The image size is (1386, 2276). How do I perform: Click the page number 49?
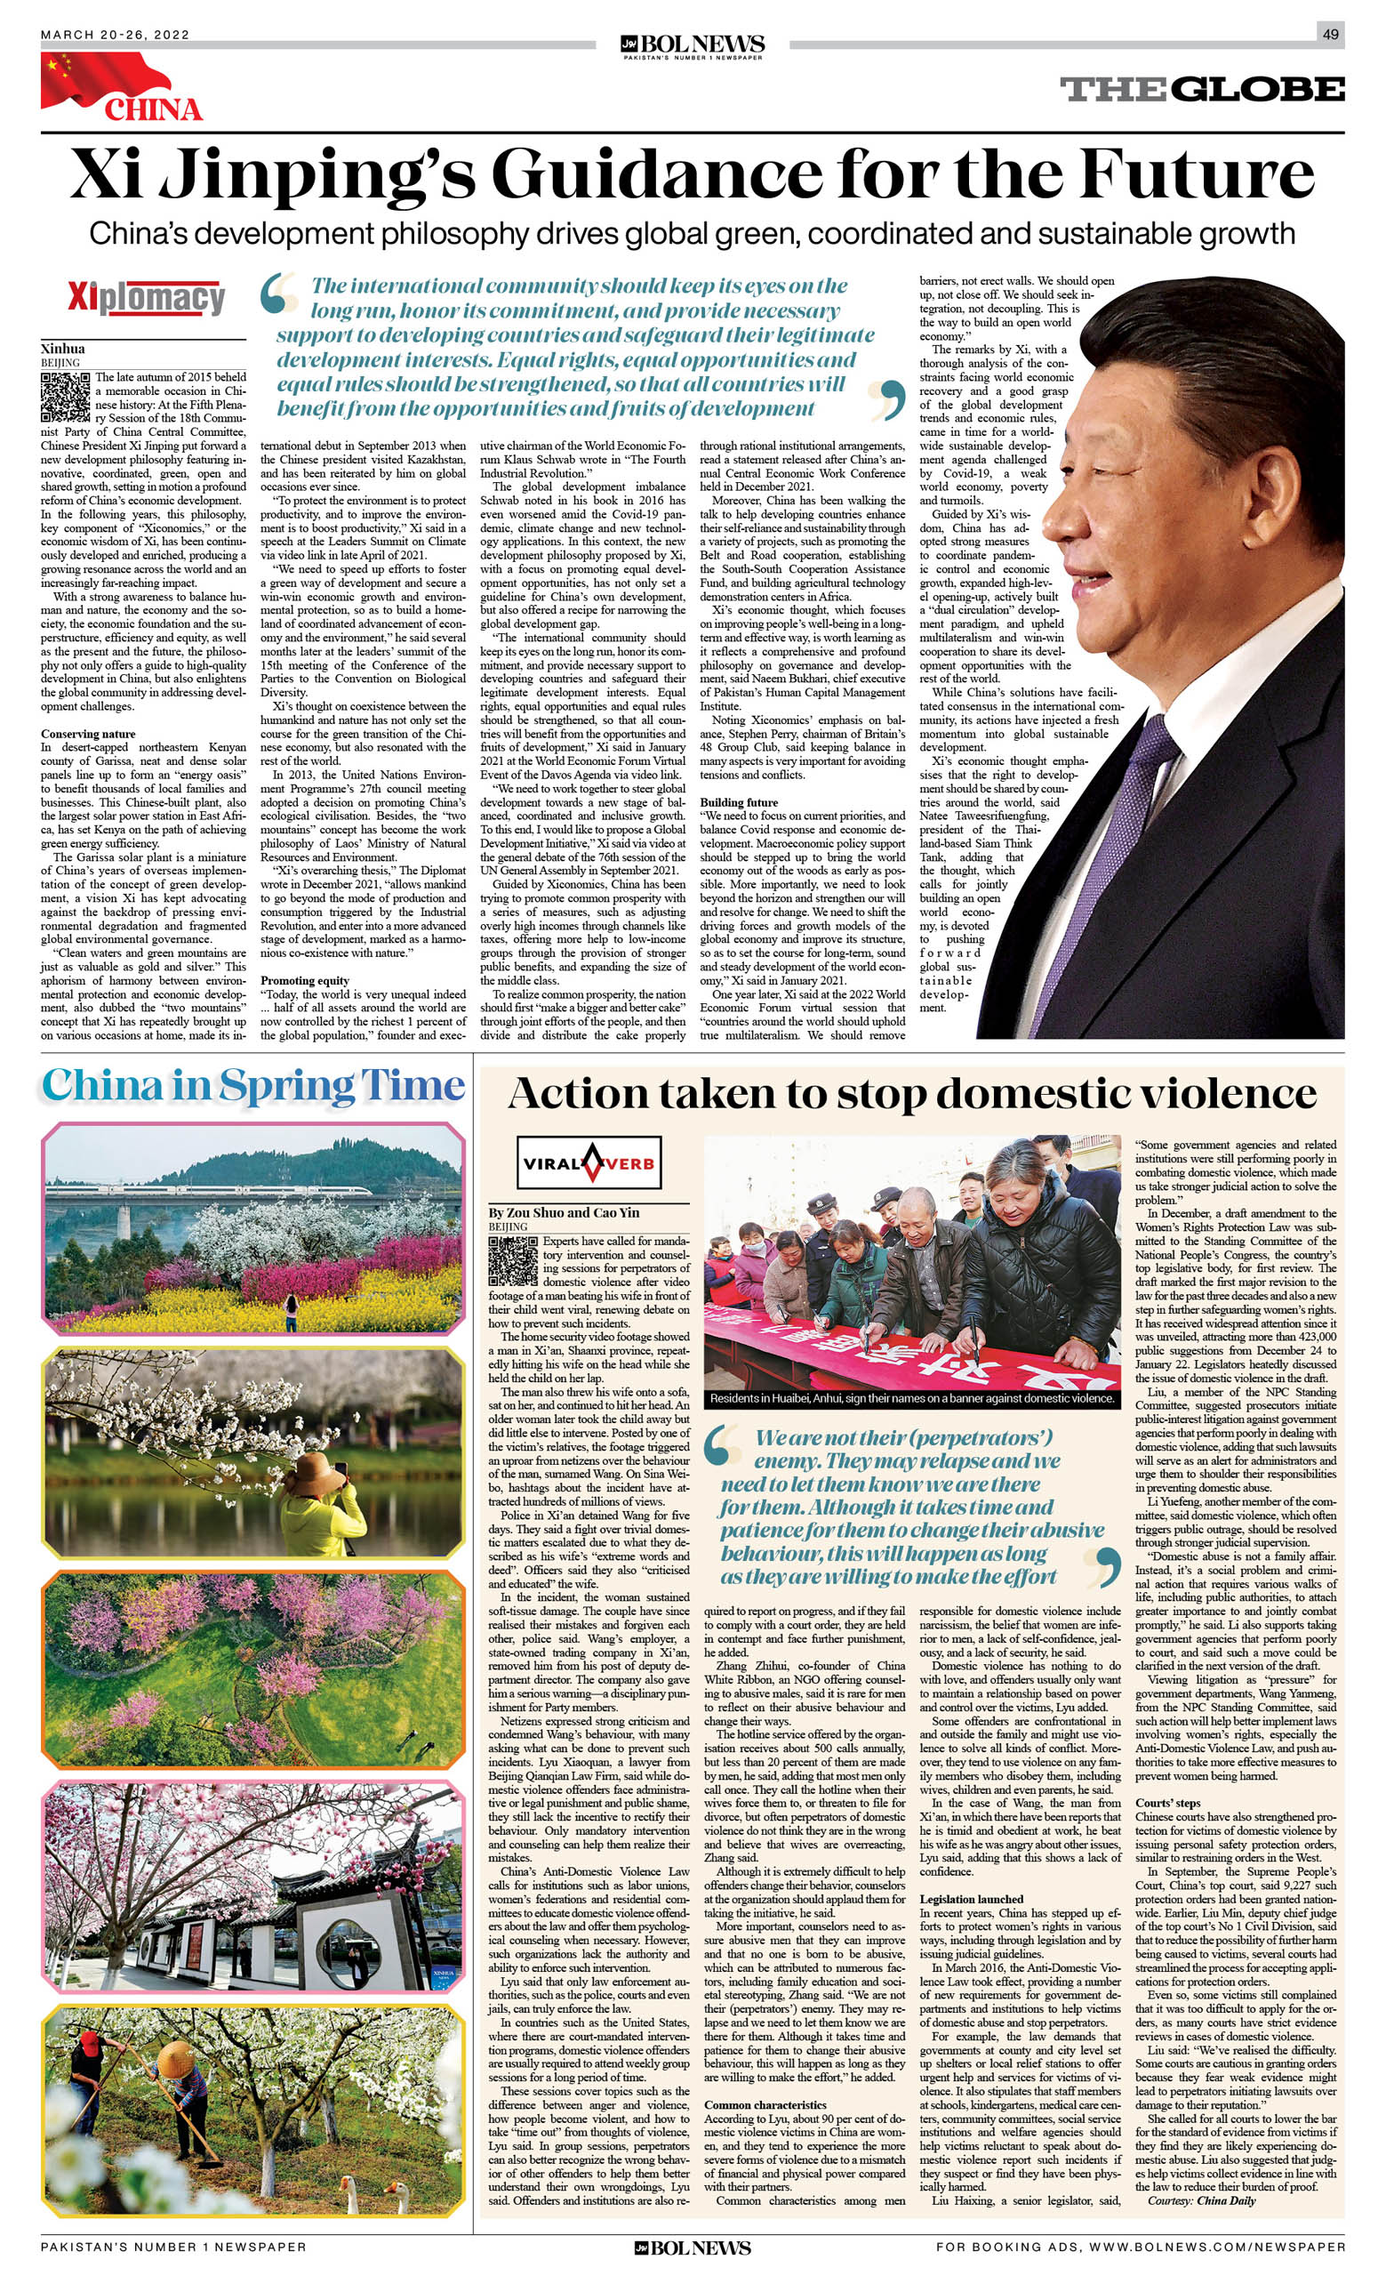pos(1330,34)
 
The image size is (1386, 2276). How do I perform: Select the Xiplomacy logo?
pos(146,298)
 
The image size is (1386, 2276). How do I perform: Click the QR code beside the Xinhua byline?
pos(66,397)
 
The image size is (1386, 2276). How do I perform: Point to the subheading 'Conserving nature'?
pos(88,735)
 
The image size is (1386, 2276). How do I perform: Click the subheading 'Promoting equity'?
pos(305,980)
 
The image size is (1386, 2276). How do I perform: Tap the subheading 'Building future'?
pos(739,801)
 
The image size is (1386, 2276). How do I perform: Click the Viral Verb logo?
pos(589,1162)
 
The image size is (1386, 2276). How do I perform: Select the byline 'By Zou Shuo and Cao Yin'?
pos(564,1213)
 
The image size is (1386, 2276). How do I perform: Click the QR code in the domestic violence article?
pos(512,1261)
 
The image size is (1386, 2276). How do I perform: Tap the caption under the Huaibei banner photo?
pos(911,1397)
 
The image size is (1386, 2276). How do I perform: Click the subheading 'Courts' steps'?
pos(1168,1803)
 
